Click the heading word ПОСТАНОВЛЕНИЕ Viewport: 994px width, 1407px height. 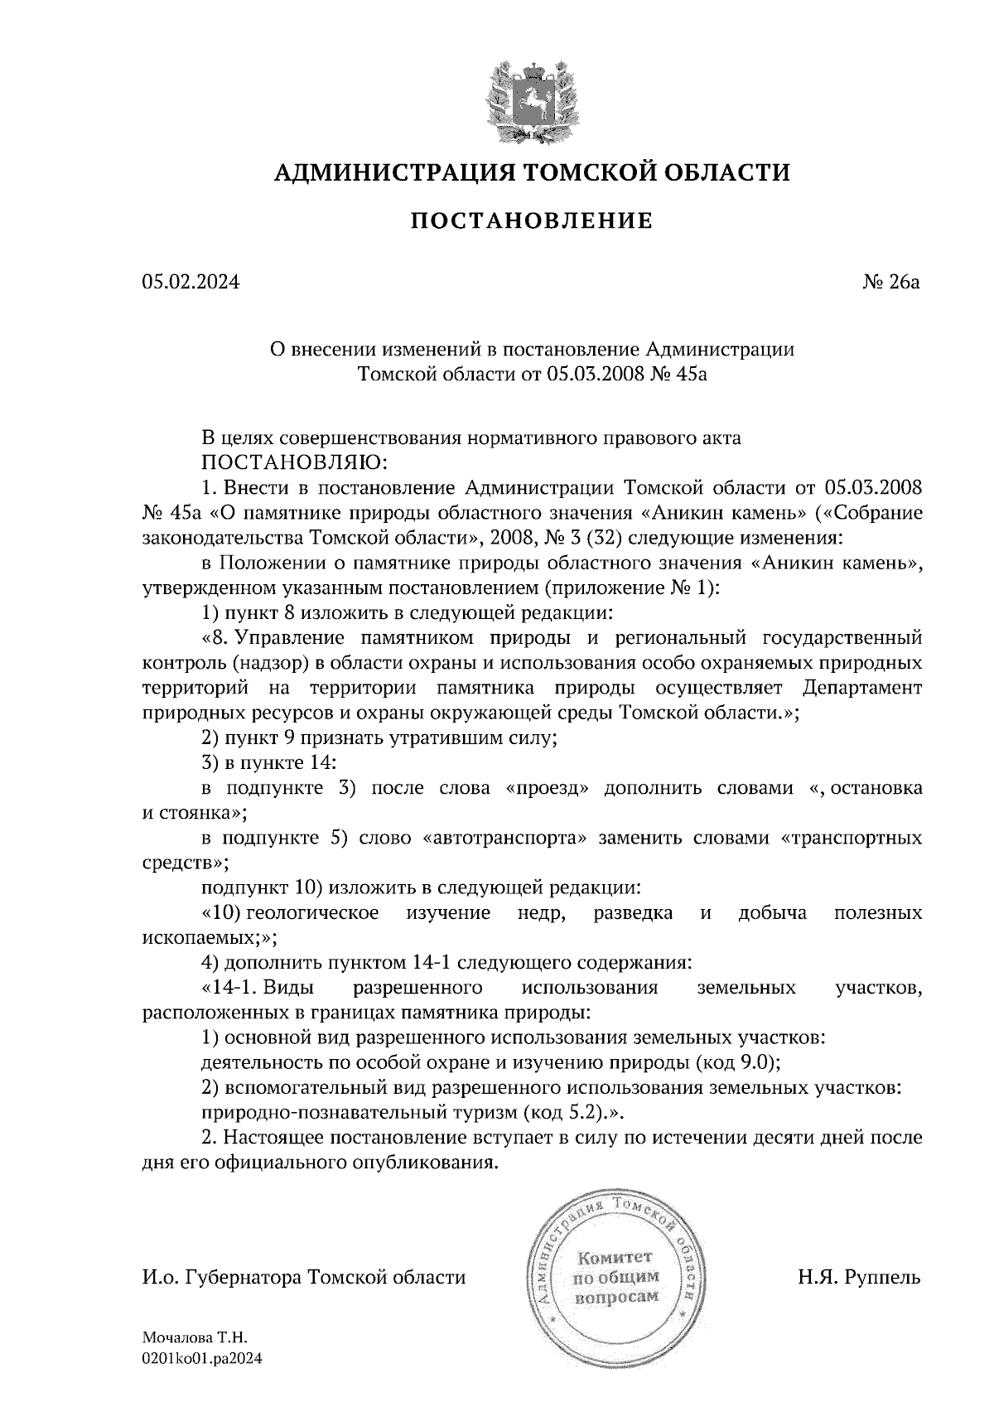(x=532, y=221)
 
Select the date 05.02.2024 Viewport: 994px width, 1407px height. (x=191, y=283)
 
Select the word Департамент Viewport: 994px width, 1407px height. (x=863, y=688)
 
